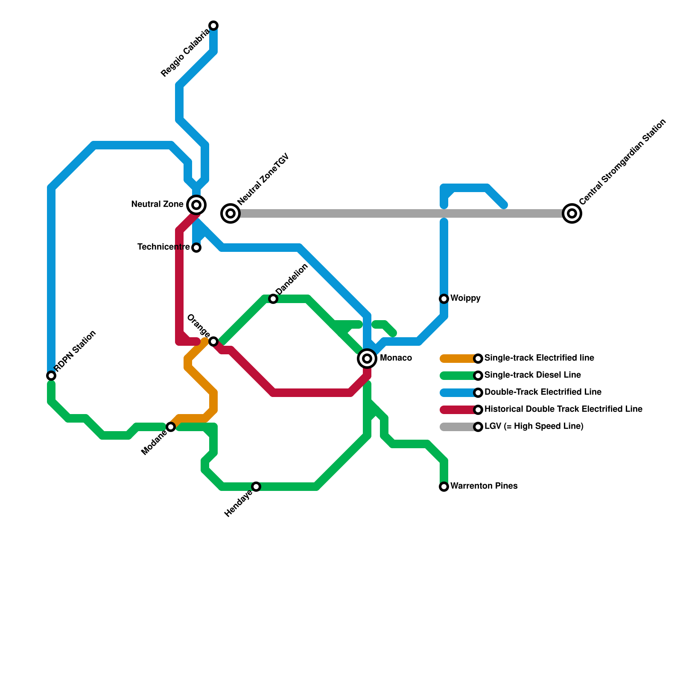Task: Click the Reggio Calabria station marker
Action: pos(213,26)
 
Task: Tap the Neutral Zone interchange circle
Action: pos(196,205)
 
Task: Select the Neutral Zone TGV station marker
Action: pos(231,213)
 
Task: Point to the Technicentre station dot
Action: pos(196,248)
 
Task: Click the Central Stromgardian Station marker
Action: pos(572,213)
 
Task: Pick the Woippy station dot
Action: pos(444,299)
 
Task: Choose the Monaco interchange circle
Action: pos(367,359)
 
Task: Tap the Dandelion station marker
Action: pos(273,299)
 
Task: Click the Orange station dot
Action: pos(213,341)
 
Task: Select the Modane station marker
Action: pos(171,427)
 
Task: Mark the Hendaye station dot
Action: pos(256,487)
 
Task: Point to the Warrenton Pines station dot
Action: pos(444,487)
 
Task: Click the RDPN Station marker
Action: pos(51,376)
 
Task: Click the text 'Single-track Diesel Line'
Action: pos(532,375)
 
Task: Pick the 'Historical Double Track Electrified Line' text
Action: pos(563,409)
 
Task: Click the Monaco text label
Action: pos(396,358)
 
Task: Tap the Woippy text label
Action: pos(465,298)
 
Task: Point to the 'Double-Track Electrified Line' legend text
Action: pos(543,392)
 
